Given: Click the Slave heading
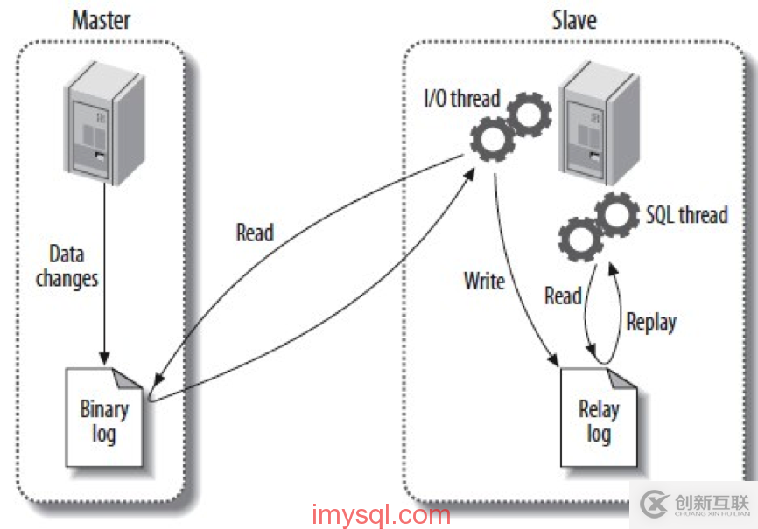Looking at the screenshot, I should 576,19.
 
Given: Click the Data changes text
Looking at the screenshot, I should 67,266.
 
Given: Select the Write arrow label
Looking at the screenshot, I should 485,281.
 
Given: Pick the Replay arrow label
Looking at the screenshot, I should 651,322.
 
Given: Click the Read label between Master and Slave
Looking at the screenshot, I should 255,233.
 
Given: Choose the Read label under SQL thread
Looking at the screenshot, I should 563,296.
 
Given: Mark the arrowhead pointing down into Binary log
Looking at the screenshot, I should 104,358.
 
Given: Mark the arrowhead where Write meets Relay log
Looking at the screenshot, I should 551,360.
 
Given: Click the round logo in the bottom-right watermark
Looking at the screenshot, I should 653,504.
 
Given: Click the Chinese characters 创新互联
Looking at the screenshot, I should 712,501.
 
